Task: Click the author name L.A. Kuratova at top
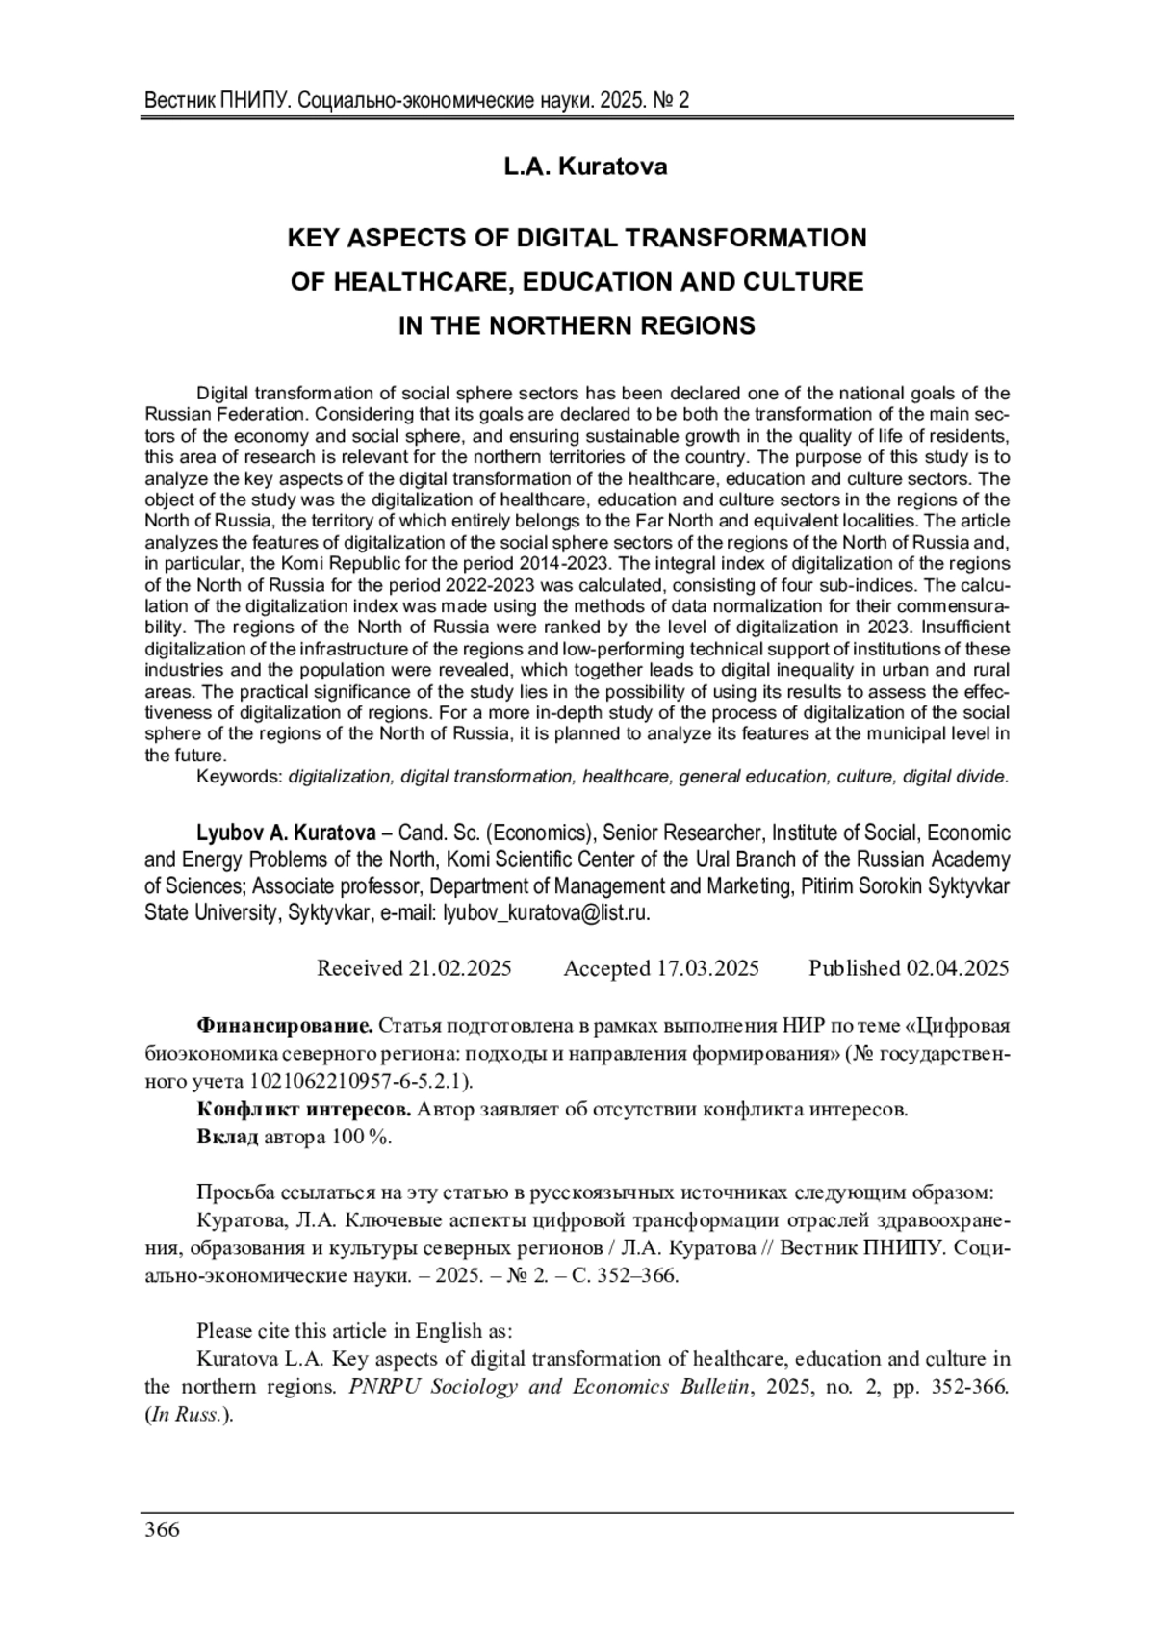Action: coord(585,167)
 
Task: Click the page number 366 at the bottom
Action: coord(162,1530)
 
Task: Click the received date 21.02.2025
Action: coord(459,968)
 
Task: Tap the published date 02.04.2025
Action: coord(957,968)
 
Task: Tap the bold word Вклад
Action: coord(227,1137)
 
